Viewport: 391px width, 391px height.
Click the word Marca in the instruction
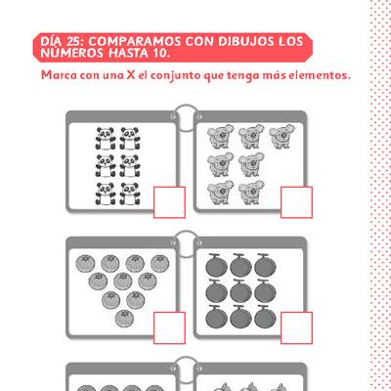[x=61, y=75]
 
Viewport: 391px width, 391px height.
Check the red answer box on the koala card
[x=295, y=201]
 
